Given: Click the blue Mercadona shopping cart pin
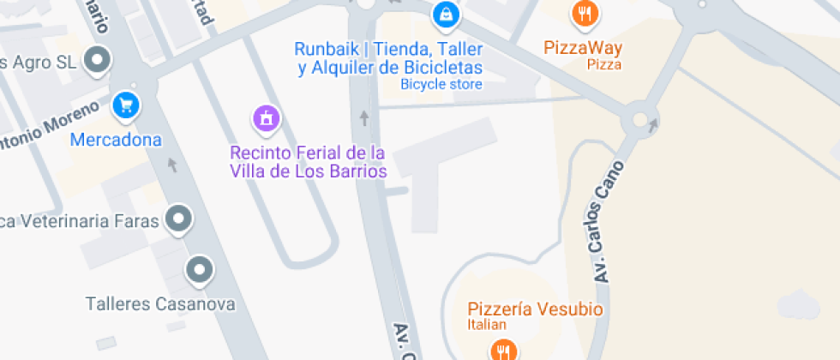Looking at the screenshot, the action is coord(127,105).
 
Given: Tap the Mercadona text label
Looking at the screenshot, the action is coord(117,140).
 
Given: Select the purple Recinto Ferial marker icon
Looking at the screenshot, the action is coord(267,118).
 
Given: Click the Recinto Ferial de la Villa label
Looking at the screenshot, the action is coord(308,162).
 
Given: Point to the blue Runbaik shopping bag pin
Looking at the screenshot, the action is coord(446,13).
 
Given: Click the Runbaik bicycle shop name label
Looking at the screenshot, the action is coord(389,57).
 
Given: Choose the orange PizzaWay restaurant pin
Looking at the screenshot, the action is coord(585,12).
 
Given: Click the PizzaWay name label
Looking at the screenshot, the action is coord(583,48).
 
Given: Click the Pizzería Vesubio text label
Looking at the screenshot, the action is coord(536,309).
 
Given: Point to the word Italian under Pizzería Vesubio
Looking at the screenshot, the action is coord(487,325).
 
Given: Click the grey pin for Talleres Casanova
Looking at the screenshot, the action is coord(199,271).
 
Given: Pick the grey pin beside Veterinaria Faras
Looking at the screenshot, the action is coord(178,219).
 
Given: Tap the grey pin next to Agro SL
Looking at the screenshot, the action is coord(99,60).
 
